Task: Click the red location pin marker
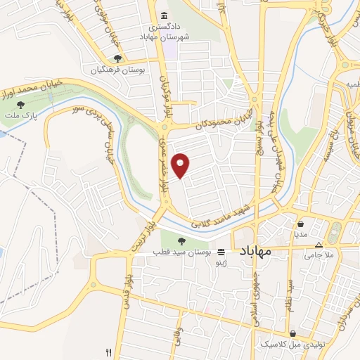tap(181, 165)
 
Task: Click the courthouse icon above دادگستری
tap(165, 16)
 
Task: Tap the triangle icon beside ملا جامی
tap(319, 245)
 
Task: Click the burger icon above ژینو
tap(221, 251)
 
